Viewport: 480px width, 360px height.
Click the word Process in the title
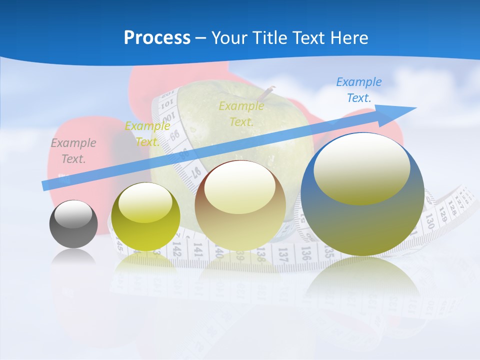(x=157, y=37)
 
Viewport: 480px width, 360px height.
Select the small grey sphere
(x=73, y=224)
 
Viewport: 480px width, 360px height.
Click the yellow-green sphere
(x=145, y=217)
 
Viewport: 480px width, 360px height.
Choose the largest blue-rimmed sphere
(x=362, y=195)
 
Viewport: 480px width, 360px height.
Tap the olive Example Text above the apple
(x=241, y=113)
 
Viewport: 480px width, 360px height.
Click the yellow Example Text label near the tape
(x=147, y=134)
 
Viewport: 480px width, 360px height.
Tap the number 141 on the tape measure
(x=197, y=250)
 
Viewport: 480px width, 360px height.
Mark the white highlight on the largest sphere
(x=361, y=167)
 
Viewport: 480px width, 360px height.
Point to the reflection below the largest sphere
(x=362, y=280)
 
